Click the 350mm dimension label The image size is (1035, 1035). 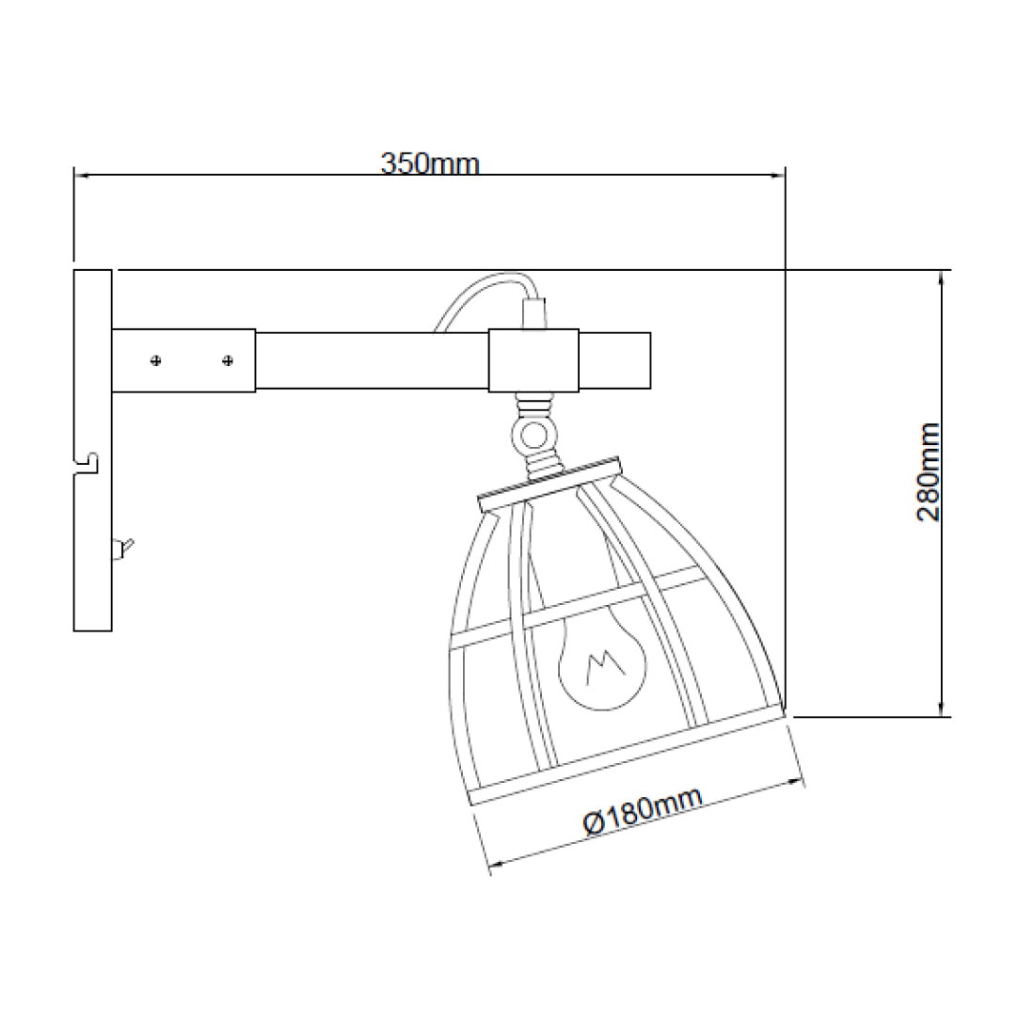click(430, 164)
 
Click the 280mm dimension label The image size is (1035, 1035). click(929, 472)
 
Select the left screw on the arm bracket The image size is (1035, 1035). click(156, 360)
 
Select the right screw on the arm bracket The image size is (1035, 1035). click(228, 360)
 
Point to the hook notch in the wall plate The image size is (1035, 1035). click(88, 463)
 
